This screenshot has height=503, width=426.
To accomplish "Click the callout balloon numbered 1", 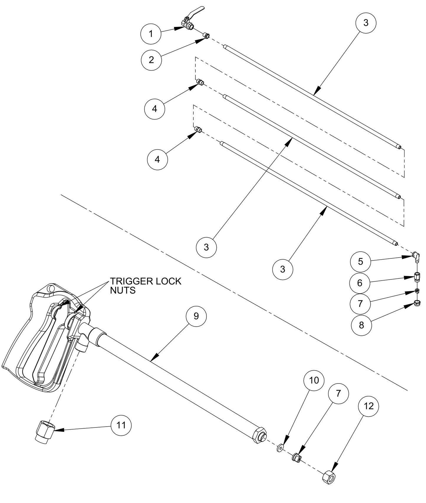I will click(151, 34).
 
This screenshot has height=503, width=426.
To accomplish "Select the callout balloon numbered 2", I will click(151, 60).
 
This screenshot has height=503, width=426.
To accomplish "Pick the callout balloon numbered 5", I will click(360, 261).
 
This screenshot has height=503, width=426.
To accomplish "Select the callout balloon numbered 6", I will click(360, 283).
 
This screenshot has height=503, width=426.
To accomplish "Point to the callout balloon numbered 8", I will click(361, 325).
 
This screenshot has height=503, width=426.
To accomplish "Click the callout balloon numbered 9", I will click(196, 316).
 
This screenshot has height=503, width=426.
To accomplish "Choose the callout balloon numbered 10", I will click(314, 380).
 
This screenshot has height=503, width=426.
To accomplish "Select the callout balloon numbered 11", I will click(121, 425).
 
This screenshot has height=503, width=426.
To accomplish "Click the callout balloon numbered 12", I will click(369, 406).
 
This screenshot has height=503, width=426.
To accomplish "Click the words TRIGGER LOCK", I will click(146, 281).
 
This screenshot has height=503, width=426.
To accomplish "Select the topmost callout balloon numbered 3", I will click(366, 23).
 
